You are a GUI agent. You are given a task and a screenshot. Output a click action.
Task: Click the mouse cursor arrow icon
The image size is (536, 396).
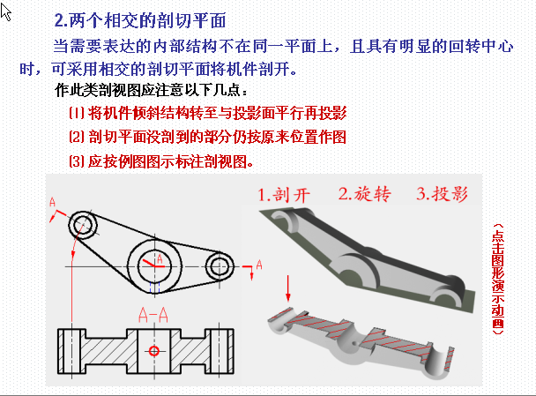[x=4, y=11]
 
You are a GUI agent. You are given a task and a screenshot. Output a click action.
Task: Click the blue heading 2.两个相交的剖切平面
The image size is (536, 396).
[x=140, y=20]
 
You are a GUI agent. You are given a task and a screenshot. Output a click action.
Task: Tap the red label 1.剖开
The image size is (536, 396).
[x=284, y=195]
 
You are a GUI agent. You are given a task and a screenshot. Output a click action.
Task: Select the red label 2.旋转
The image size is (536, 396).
[x=365, y=194]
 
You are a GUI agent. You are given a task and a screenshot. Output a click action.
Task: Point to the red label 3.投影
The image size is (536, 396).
[x=442, y=193]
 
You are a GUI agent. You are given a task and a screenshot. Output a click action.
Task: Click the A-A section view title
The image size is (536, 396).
[x=153, y=315]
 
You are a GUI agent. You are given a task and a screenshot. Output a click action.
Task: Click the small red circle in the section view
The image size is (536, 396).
[x=153, y=351]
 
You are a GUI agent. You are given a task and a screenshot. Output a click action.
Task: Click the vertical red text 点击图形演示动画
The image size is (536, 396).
[x=498, y=279]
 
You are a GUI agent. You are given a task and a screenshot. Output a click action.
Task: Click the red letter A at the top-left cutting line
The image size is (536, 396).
[x=52, y=202]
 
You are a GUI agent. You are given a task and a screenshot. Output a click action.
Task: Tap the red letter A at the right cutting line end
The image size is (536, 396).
[x=259, y=265]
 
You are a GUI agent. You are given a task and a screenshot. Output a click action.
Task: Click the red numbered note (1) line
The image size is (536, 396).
[x=208, y=113]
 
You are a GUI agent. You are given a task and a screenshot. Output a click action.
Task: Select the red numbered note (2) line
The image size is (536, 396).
[x=207, y=137]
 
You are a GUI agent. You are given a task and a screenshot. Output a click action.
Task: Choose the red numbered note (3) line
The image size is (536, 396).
[x=161, y=161]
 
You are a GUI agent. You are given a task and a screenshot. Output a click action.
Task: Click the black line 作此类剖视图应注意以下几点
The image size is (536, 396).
[x=151, y=90]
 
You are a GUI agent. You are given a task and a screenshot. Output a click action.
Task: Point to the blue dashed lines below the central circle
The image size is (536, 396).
[x=154, y=288]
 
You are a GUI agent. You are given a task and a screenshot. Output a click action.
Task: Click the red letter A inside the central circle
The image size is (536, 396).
[x=160, y=259]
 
